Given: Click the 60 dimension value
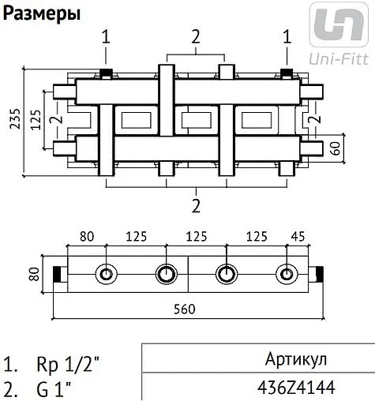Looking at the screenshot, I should click(x=335, y=146).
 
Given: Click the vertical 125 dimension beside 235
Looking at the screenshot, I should click(x=33, y=121).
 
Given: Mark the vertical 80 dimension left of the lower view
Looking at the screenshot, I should click(x=34, y=275).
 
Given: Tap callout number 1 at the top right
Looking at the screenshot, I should click(x=287, y=36).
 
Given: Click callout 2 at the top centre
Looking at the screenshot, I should click(x=195, y=36).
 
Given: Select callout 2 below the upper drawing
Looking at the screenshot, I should click(x=195, y=206).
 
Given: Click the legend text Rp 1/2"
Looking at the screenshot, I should click(x=69, y=366).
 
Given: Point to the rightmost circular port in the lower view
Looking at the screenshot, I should click(x=285, y=275).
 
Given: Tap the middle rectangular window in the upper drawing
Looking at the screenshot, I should click(x=195, y=122).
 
